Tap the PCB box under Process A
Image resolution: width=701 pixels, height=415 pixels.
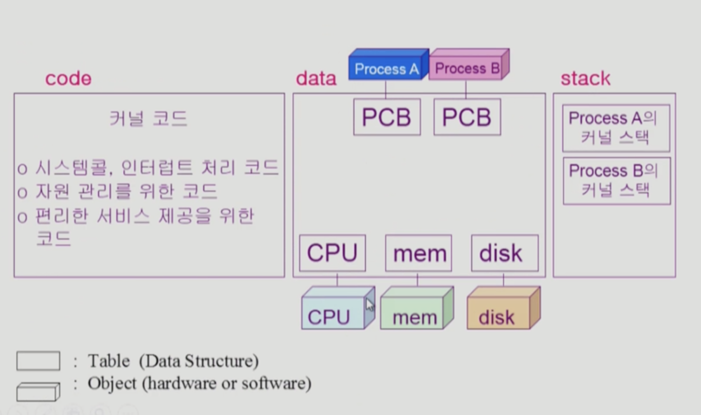point(387,117)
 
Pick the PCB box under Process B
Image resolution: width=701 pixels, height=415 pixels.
point(467,117)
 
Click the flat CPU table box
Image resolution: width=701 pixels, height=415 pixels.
point(332,253)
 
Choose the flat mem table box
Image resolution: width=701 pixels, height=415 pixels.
point(419,253)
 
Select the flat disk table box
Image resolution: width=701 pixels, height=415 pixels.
point(504,253)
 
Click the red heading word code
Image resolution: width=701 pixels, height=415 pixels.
point(68,79)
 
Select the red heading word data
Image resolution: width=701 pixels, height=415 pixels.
point(316,79)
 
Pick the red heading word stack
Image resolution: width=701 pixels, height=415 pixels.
point(585,79)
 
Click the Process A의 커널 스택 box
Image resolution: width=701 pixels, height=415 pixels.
point(616,128)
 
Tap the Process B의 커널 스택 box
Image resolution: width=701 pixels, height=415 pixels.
point(616,181)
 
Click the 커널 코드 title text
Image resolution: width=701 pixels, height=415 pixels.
point(148,119)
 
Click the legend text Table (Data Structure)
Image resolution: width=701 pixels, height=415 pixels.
point(173,361)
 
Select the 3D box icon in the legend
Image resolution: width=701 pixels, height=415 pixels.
point(38,392)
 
